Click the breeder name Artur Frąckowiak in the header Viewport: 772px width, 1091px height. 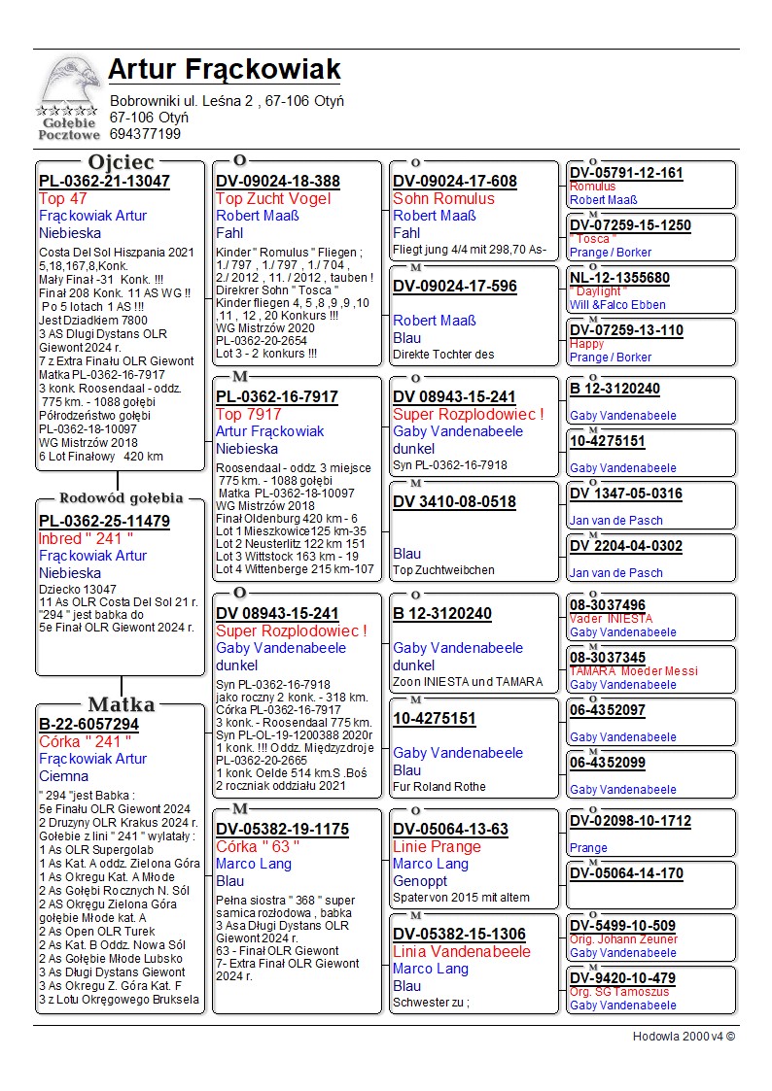(x=225, y=70)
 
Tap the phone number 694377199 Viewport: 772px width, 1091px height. (x=145, y=134)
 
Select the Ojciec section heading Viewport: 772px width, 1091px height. (x=121, y=162)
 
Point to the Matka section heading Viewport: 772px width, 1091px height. (x=121, y=704)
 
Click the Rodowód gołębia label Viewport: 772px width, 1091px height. (x=121, y=498)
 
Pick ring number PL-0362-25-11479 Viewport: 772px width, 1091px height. (x=104, y=522)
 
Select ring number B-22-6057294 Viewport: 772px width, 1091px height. (x=88, y=725)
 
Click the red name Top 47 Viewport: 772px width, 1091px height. (x=63, y=199)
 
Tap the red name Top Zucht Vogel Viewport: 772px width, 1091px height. (x=273, y=199)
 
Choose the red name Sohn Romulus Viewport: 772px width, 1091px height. (x=443, y=199)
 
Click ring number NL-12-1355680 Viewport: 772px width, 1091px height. (x=619, y=278)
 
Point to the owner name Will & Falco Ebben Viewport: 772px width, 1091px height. (x=617, y=305)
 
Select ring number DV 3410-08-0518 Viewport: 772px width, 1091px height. (x=454, y=502)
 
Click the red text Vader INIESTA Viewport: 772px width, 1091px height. (x=611, y=619)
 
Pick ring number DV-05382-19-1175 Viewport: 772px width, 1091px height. (x=282, y=830)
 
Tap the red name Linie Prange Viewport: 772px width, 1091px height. (x=437, y=847)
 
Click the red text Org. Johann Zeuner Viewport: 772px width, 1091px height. (x=623, y=939)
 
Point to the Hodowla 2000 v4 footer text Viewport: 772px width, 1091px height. (x=684, y=1037)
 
